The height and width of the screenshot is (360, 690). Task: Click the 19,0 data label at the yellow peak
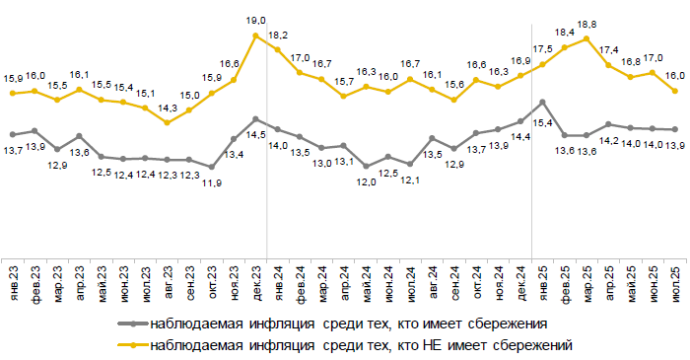pos(254,19)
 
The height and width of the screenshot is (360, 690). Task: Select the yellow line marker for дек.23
pos(255,36)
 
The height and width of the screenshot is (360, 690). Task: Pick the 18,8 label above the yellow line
pos(587,24)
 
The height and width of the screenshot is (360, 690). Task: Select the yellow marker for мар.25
pos(587,39)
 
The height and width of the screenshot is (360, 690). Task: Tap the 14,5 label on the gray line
pos(254,135)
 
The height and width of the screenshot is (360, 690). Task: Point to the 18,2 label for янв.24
pos(279,33)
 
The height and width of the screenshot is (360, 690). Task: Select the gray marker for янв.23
pos(13,133)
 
